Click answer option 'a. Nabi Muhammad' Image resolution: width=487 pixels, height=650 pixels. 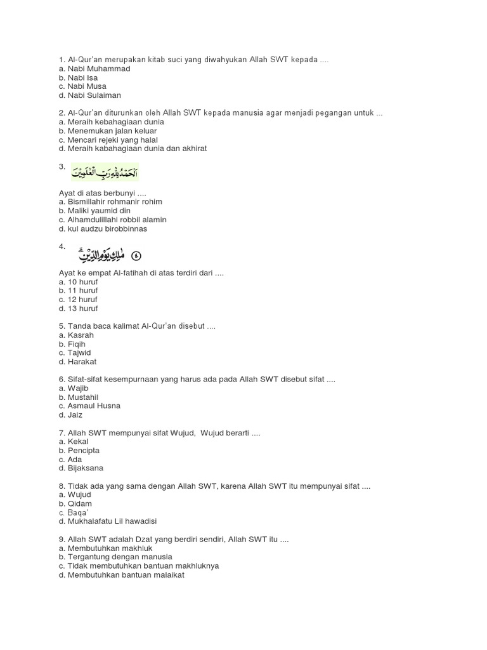pos(94,69)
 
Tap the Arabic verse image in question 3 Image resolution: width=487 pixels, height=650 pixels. pos(105,172)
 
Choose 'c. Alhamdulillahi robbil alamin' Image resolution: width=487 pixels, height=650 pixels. pos(112,220)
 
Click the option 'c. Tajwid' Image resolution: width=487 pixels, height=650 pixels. pos(75,353)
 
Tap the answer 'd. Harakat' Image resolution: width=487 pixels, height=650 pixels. pos(77,362)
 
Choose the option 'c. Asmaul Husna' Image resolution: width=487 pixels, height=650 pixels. pos(89,406)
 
